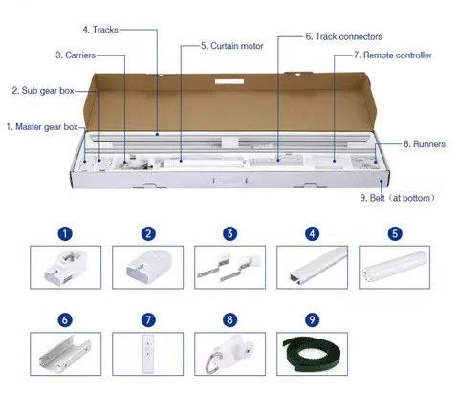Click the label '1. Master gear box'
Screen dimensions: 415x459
42,126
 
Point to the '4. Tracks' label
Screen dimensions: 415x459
100,30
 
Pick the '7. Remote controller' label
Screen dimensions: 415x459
392,55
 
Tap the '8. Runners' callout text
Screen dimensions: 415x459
420,144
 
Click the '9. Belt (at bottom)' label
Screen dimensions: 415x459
398,198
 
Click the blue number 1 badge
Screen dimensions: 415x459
65,233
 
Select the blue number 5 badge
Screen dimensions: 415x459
395,233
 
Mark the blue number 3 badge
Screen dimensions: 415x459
229,233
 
